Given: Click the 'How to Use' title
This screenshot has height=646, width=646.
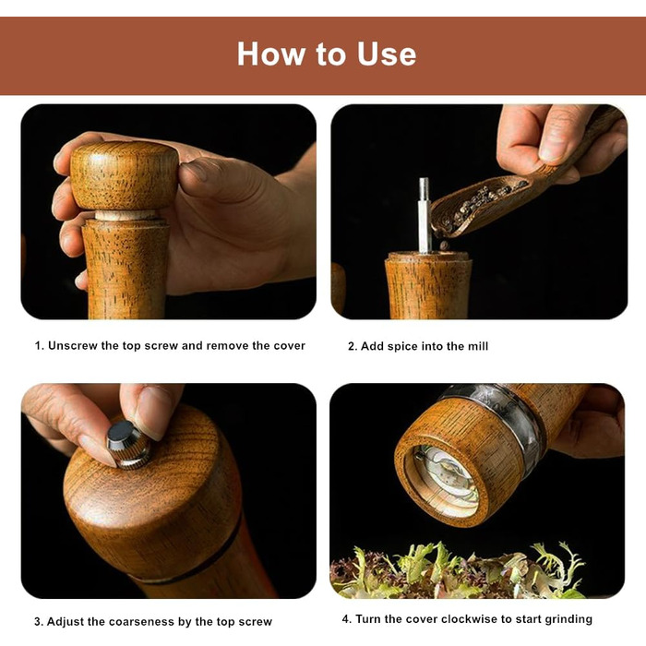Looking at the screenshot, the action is point(327,54).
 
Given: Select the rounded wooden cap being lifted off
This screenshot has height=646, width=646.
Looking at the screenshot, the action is point(125,176).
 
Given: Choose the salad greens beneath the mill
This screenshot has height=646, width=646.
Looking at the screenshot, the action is point(458,570).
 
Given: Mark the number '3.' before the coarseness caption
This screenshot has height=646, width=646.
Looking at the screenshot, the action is point(39,621).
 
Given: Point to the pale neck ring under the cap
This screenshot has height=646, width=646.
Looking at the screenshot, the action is point(126,215).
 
